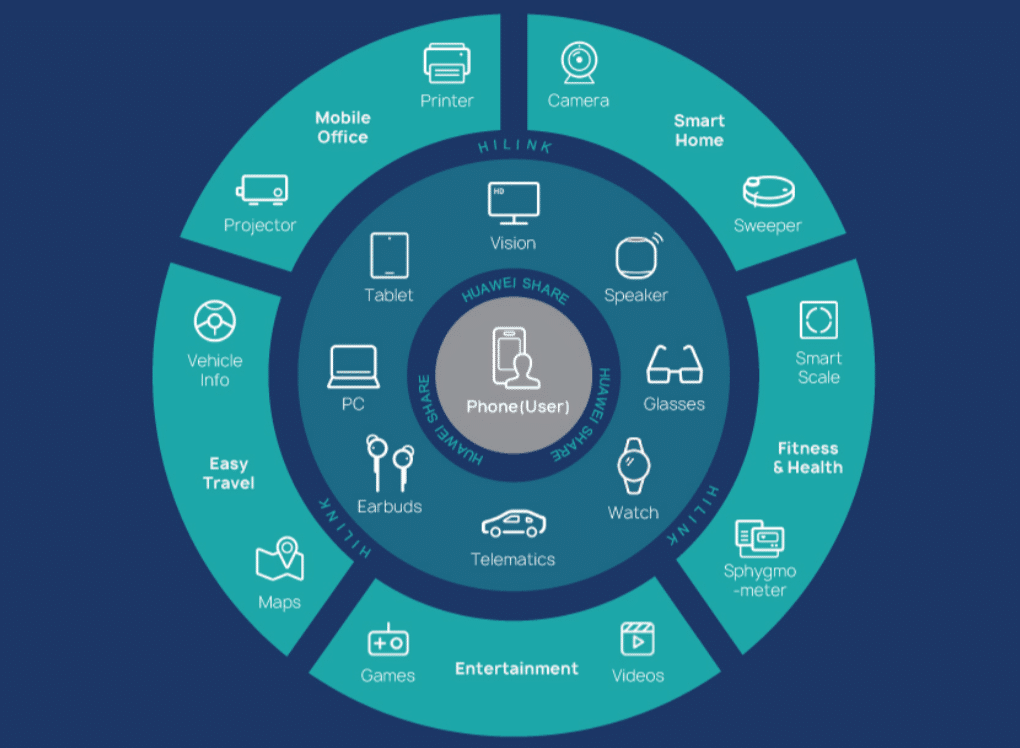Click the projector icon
(x=261, y=190)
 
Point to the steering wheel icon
(x=215, y=322)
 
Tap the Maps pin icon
(x=280, y=561)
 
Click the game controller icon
(x=388, y=640)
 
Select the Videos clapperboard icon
(x=638, y=639)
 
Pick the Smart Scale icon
(x=818, y=320)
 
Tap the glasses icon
(x=674, y=365)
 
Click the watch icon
(x=633, y=466)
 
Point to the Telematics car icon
(x=513, y=524)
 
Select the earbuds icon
(x=389, y=462)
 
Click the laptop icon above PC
(x=353, y=367)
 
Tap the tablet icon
(x=389, y=255)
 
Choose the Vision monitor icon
(x=513, y=203)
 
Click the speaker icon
(x=638, y=258)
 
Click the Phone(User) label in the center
(x=517, y=407)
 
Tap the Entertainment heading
(x=516, y=668)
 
